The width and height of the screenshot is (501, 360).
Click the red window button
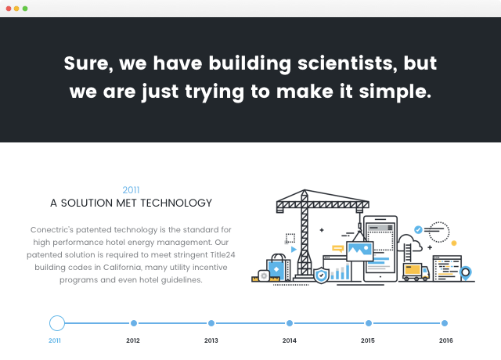tap(9, 9)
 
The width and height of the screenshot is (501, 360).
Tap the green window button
tap(25, 9)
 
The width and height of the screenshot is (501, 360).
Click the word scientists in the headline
tap(345, 63)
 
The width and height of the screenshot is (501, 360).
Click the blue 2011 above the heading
tap(131, 190)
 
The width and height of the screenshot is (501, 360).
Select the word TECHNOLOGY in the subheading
tap(176, 203)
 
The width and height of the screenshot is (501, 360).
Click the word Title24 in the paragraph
tap(222, 255)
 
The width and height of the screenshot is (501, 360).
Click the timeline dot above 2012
tap(134, 323)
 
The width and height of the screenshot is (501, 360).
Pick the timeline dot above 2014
tap(290, 323)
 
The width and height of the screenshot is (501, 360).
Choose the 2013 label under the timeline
tap(211, 340)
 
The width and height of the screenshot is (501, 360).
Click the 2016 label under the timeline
tap(445, 340)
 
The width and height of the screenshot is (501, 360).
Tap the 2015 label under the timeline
tap(368, 340)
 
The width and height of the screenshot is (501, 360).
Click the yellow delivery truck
tap(416, 272)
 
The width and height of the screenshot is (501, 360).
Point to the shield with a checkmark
tap(322, 275)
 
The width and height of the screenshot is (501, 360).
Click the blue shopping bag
tap(277, 268)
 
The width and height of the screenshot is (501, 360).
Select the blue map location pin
tap(466, 273)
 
